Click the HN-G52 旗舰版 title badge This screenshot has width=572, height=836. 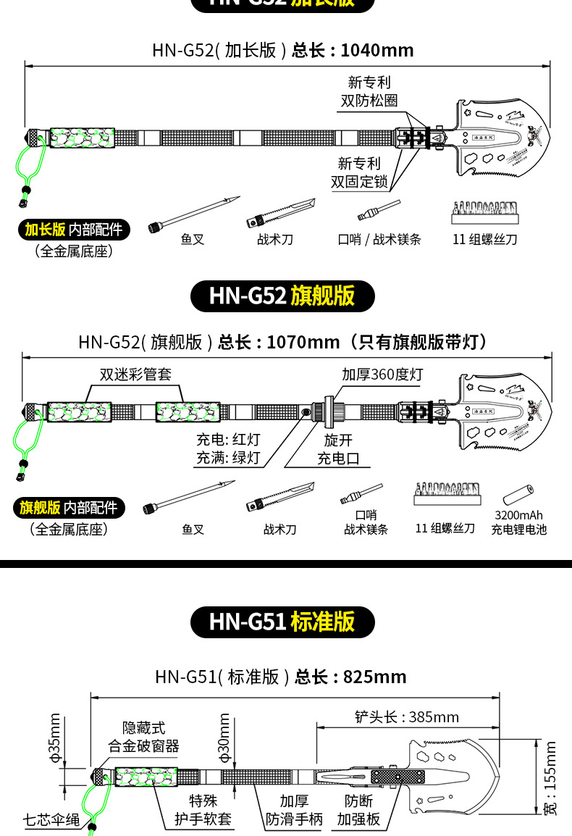point(282,296)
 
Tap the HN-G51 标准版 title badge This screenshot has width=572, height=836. point(282,622)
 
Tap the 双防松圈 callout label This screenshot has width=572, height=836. point(369,92)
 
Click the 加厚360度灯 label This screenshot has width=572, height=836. point(382,374)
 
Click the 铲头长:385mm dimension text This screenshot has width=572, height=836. point(407,717)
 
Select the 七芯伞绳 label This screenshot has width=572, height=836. point(51,820)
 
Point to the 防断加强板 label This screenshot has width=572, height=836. point(358,810)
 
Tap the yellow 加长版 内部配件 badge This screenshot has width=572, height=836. point(73,230)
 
